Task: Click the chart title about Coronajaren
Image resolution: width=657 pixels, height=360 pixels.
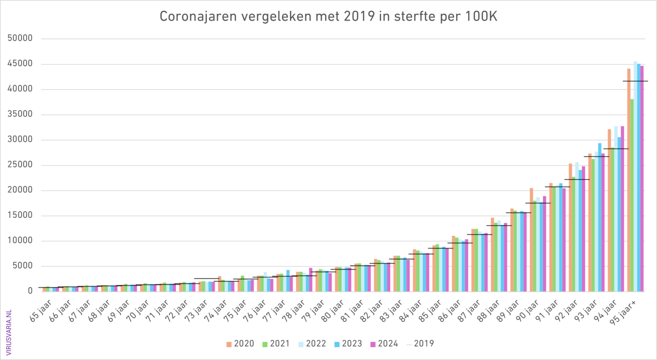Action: click(x=328, y=16)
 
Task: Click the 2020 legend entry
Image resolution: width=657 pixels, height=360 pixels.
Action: click(x=239, y=344)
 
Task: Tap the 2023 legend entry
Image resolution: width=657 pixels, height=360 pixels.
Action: click(x=347, y=344)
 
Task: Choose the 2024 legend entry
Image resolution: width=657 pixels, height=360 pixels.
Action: click(x=383, y=344)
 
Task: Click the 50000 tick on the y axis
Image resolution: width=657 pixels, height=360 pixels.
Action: click(x=21, y=39)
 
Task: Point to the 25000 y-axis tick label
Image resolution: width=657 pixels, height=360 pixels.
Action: click(x=21, y=165)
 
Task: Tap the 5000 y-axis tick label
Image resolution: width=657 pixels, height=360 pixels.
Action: click(x=23, y=266)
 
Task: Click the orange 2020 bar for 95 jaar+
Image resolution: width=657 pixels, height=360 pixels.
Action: click(x=629, y=180)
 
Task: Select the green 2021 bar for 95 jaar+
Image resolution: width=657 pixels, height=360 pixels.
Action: click(x=632, y=195)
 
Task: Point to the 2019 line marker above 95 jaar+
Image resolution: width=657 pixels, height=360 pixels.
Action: click(x=635, y=81)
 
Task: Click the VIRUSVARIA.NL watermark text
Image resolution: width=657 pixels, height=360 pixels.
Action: click(x=9, y=329)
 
